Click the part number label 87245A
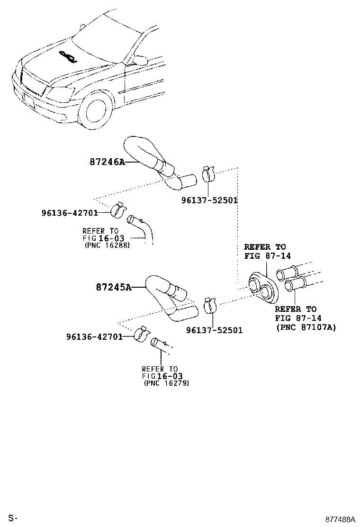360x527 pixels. (x=113, y=287)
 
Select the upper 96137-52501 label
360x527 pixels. (x=209, y=200)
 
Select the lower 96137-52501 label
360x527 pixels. (x=214, y=330)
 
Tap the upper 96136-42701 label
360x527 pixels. (x=69, y=213)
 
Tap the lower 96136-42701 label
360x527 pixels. (x=94, y=336)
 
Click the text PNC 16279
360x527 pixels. (x=166, y=383)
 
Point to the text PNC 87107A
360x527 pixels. (x=306, y=327)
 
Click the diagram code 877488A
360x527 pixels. (x=340, y=519)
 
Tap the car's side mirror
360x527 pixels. (x=140, y=60)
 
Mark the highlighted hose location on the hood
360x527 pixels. (x=67, y=56)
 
